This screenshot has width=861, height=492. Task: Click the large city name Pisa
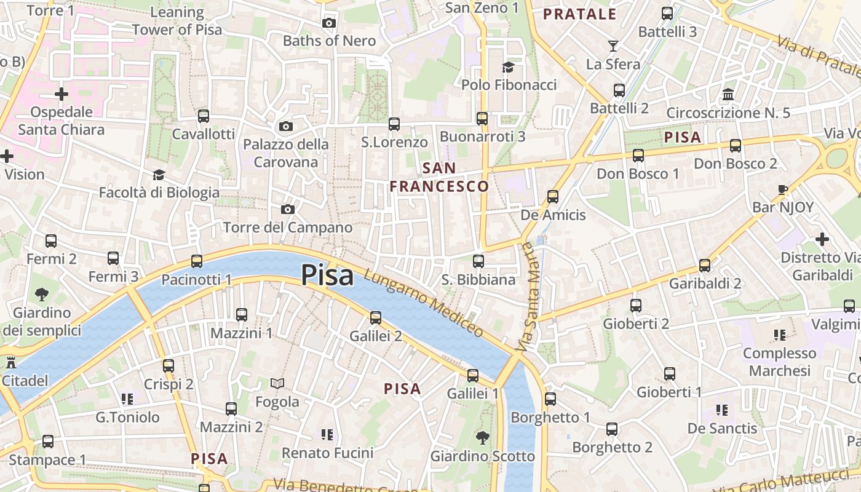pyautogui.click(x=327, y=275)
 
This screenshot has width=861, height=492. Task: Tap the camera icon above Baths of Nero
pyautogui.click(x=329, y=23)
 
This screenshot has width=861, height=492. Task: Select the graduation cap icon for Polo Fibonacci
pyautogui.click(x=508, y=67)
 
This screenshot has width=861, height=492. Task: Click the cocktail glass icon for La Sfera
pyautogui.click(x=613, y=46)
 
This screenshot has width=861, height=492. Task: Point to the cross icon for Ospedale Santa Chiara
pyautogui.click(x=61, y=94)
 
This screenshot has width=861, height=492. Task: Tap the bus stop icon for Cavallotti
pyautogui.click(x=204, y=116)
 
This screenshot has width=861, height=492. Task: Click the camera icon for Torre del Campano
pyautogui.click(x=287, y=210)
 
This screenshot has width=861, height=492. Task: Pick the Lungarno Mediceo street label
pyautogui.click(x=424, y=303)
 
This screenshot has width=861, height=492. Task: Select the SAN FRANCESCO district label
pyautogui.click(x=440, y=177)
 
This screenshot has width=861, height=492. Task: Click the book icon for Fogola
pyautogui.click(x=277, y=384)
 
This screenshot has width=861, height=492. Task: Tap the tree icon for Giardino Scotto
pyautogui.click(x=483, y=438)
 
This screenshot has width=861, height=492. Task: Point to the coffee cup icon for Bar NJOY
pyautogui.click(x=783, y=189)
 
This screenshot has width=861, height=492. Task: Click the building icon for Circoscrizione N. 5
pyautogui.click(x=728, y=95)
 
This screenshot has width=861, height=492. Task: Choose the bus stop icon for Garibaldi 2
pyautogui.click(x=705, y=266)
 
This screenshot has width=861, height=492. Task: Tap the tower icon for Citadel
pyautogui.click(x=10, y=362)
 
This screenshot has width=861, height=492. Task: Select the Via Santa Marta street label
pyautogui.click(x=527, y=297)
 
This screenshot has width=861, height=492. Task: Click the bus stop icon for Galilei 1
pyautogui.click(x=472, y=375)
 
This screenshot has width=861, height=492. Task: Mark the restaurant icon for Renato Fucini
pyautogui.click(x=327, y=435)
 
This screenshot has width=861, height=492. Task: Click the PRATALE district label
pyautogui.click(x=579, y=14)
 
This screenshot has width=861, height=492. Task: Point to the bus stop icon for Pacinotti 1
pyautogui.click(x=197, y=261)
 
